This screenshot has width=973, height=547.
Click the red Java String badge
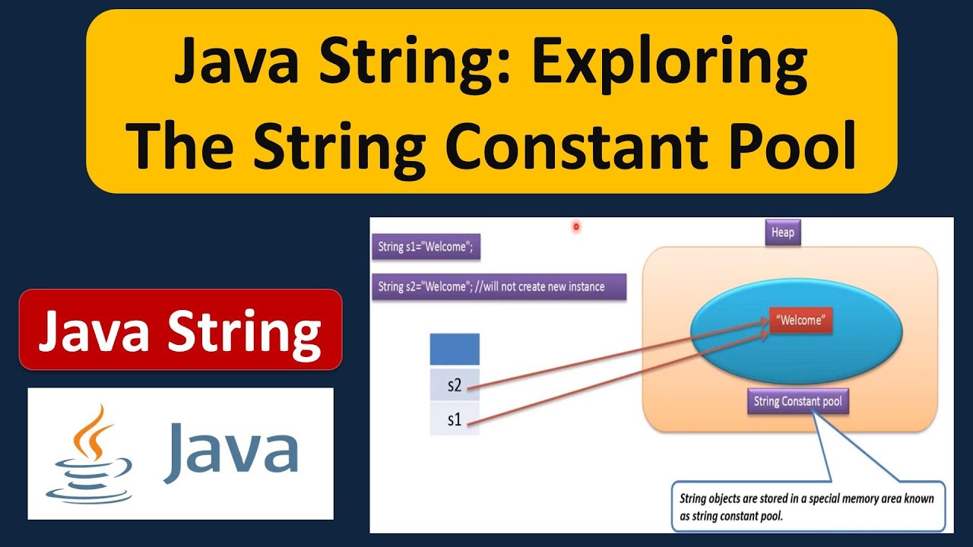point(180,330)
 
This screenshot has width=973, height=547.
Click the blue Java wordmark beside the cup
point(230,454)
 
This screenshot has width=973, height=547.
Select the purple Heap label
point(782,232)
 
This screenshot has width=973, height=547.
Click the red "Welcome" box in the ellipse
point(800,321)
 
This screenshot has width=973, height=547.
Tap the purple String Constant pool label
point(797,401)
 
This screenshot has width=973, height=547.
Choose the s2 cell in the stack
point(455,385)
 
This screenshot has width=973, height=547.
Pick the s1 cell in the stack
point(455,419)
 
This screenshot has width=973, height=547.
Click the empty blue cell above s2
point(455,349)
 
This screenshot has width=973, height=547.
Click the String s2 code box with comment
point(499,286)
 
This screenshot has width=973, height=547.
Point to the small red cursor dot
point(576,226)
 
